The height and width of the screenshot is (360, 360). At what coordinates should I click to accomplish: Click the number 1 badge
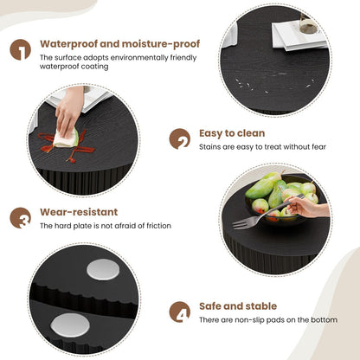point(20,49)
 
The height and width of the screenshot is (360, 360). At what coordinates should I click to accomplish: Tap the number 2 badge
point(180,138)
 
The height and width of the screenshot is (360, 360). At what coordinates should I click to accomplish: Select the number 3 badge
point(20,217)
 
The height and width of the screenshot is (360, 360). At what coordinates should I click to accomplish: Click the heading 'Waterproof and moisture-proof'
point(120,43)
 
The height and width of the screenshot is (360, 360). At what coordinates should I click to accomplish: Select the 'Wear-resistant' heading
point(79,211)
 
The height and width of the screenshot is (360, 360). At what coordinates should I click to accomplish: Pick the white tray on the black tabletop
point(299,36)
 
